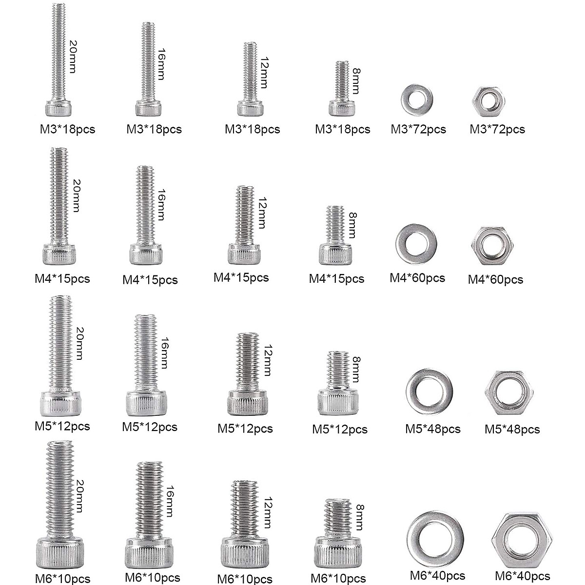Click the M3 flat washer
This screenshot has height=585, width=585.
click(x=415, y=99)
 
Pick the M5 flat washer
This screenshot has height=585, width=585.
click(x=429, y=392)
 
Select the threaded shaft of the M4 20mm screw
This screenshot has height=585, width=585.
click(x=59, y=195)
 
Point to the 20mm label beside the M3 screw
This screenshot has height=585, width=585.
click(x=72, y=56)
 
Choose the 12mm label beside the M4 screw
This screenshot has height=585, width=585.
click(x=262, y=213)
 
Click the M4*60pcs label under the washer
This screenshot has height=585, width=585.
click(x=417, y=278)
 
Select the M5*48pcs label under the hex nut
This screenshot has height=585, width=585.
click(x=512, y=429)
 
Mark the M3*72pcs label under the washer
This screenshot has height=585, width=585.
click(x=418, y=129)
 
